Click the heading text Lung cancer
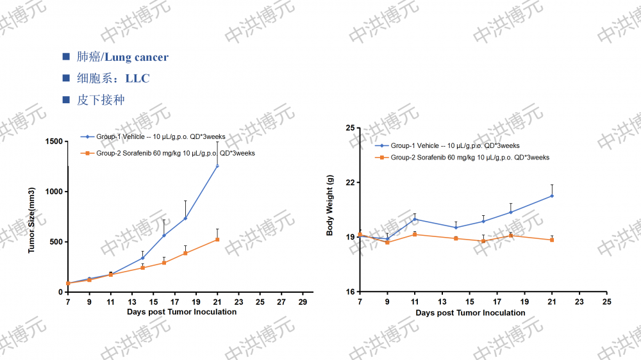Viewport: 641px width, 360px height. [x=137, y=57]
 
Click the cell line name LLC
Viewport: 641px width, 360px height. [x=137, y=79]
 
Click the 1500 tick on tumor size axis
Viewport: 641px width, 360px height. [x=54, y=142]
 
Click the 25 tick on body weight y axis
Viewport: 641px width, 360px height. [x=350, y=128]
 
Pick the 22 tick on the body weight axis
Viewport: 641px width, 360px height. [x=350, y=183]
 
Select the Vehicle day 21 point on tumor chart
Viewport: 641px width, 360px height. [x=217, y=166]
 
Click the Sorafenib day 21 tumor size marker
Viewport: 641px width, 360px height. [x=217, y=240]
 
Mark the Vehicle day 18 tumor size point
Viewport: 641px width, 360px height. [x=185, y=218]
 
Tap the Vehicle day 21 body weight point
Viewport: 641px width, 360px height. [x=552, y=196]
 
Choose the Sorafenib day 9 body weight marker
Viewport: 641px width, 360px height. [x=387, y=242]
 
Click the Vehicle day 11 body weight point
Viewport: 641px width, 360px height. [x=415, y=219]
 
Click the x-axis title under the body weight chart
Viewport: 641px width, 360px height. [x=470, y=313]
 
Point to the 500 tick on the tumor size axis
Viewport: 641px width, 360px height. [x=56, y=242]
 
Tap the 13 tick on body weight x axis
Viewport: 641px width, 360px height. [x=442, y=301]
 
